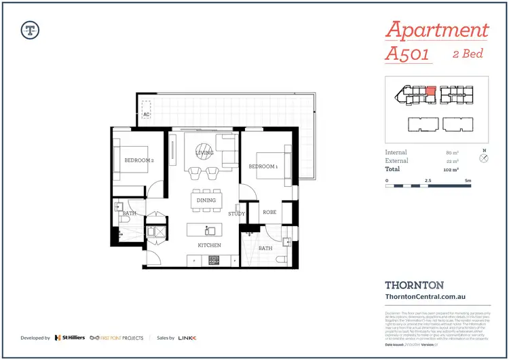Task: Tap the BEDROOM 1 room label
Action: click(263, 166)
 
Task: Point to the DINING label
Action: click(206, 200)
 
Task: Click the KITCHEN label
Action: click(208, 245)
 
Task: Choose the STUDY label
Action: click(237, 214)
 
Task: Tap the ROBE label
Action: click(269, 212)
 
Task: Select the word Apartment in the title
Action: click(436, 31)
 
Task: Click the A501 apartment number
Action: click(407, 54)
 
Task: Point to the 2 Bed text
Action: click(468, 54)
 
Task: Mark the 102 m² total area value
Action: click(451, 169)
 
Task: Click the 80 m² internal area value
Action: click(452, 153)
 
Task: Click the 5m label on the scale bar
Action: click(468, 181)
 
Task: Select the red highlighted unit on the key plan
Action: click(429, 92)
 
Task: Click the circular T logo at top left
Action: click(30, 29)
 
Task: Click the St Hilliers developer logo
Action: click(70, 338)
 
